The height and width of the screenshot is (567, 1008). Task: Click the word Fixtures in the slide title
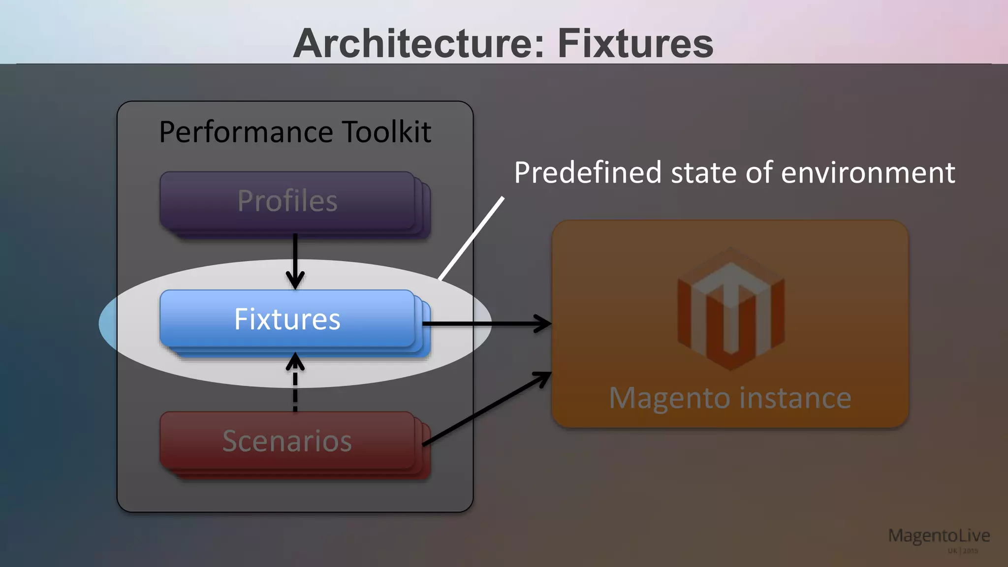tap(635, 43)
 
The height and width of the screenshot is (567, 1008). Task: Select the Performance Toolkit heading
tap(295, 132)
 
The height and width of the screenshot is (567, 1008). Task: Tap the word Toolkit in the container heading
tap(386, 132)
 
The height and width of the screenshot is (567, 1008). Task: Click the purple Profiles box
tap(287, 201)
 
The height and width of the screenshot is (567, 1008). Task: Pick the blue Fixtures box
tap(287, 319)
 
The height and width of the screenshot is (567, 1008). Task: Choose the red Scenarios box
tap(287, 441)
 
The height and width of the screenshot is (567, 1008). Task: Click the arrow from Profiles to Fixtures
tap(295, 261)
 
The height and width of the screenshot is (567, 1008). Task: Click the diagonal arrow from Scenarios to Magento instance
tap(487, 409)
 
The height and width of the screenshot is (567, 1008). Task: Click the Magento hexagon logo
tap(730, 309)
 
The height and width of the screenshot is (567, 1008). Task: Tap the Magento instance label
tap(730, 398)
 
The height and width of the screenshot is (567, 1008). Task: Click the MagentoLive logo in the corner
tap(939, 535)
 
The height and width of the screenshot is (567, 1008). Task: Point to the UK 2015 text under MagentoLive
tap(963, 551)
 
